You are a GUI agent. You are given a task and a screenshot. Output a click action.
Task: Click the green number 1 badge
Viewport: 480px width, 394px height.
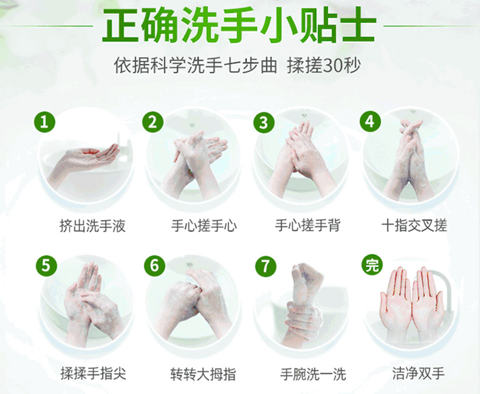45,122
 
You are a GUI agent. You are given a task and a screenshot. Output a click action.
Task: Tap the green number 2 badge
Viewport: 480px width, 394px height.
153,122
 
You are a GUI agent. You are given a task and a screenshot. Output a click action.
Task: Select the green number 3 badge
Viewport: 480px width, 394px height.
264,123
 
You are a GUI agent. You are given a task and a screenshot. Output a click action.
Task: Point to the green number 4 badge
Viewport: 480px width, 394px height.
370,121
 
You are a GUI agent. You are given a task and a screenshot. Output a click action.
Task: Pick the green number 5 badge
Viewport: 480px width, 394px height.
46,265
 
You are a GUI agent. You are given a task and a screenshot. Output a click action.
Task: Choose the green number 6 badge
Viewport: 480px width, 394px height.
154,265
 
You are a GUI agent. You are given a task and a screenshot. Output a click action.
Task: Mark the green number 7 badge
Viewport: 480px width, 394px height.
266,266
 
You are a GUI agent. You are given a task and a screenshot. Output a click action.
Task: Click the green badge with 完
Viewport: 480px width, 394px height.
372,265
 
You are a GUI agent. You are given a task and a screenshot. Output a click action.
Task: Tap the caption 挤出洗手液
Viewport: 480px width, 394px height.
93,226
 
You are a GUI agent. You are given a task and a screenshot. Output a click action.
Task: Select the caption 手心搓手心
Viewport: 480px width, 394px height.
204,226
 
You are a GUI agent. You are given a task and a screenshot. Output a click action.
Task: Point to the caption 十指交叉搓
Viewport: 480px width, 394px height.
414,225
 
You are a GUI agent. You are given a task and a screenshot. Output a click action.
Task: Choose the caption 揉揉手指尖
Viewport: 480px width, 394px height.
94,373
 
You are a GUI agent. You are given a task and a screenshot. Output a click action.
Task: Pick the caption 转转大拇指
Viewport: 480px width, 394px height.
204,374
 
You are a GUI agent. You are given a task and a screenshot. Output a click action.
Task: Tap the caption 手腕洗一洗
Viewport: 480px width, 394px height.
313,374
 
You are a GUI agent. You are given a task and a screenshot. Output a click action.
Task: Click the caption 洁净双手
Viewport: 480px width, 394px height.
419,373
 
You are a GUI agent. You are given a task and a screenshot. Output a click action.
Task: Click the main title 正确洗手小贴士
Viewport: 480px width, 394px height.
238,25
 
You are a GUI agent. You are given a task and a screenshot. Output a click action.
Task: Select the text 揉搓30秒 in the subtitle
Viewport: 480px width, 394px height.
324,65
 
